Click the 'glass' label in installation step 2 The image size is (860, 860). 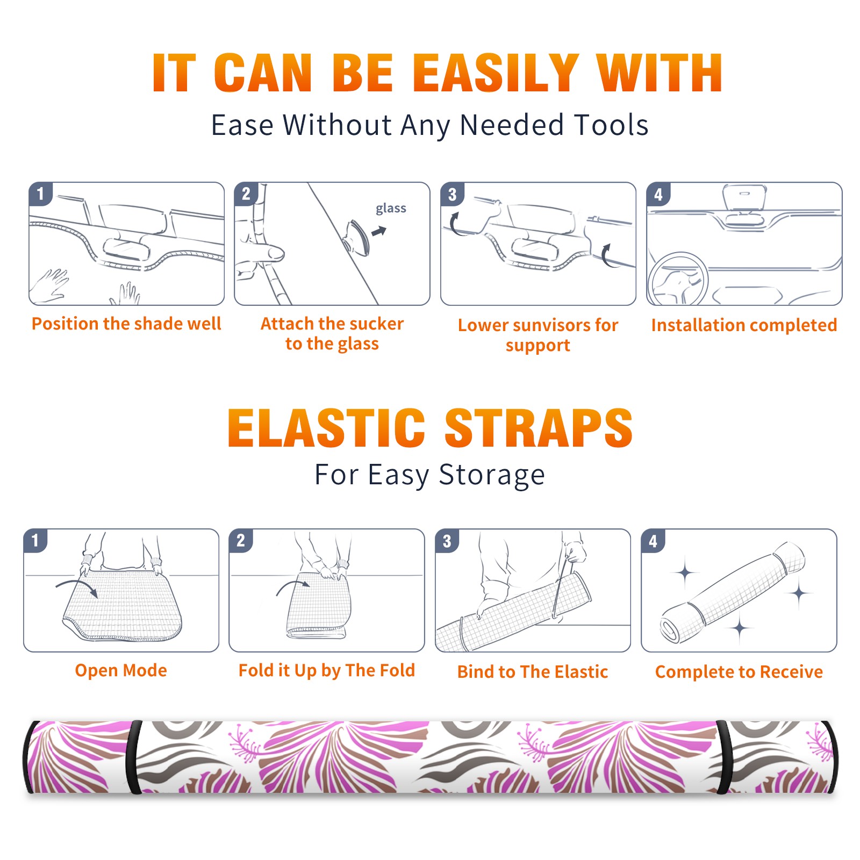[391, 209]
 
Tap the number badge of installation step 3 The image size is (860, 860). [452, 194]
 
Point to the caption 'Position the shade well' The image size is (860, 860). [126, 324]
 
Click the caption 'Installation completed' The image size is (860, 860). [744, 325]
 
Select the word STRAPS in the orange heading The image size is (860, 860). [539, 428]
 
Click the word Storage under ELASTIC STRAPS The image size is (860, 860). [492, 475]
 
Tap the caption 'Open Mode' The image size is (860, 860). [121, 670]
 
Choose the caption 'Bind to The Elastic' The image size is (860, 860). [533, 672]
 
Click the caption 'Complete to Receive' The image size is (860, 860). [739, 672]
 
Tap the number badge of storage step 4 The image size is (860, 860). [653, 541]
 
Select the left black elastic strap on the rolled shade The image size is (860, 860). [134, 757]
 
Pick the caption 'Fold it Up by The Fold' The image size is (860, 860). [327, 670]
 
